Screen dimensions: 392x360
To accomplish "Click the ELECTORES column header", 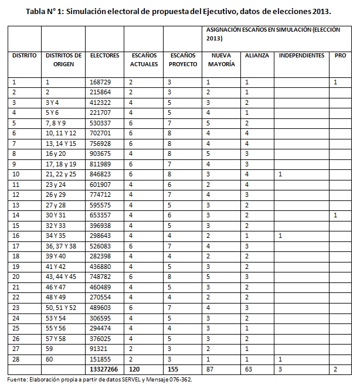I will pos(105,56).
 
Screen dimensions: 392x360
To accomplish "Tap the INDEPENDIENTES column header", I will pos(301,56).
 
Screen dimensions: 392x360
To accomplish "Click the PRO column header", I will pos(340,56).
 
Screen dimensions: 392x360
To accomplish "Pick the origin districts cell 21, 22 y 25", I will pos(61,175).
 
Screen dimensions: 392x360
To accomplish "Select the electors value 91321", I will pos(100,349).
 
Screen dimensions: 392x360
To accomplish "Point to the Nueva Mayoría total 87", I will pos(210,370).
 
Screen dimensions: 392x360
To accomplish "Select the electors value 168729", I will pos(102,82).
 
